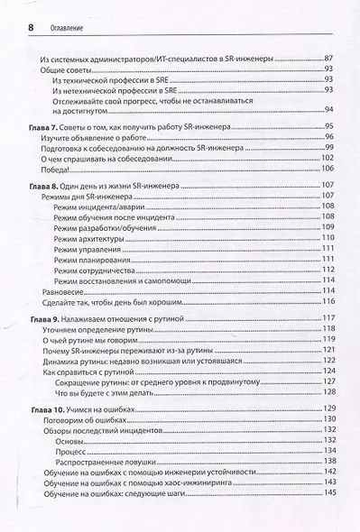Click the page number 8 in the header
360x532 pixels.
[x=31, y=27]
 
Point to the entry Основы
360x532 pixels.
[x=69, y=442]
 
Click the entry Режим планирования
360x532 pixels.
[x=92, y=259]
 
